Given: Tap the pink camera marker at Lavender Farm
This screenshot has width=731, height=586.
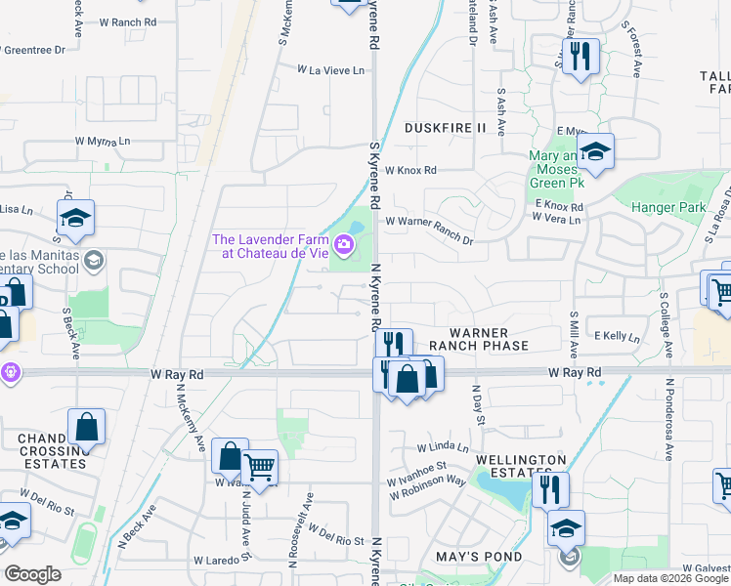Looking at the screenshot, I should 344,243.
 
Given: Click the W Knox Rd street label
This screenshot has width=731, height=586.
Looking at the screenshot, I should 410,170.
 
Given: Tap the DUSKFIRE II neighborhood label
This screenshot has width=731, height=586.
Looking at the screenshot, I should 445,128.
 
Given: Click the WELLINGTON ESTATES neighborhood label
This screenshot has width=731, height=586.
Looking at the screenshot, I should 521,466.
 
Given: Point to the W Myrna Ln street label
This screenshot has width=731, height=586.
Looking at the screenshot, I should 103,141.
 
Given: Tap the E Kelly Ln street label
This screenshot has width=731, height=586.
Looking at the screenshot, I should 616,336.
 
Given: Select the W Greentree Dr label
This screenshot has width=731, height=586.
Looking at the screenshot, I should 34,49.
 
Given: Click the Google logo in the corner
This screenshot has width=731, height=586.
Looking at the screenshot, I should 32,574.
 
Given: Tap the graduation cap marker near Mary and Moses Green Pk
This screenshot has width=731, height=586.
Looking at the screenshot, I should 594,152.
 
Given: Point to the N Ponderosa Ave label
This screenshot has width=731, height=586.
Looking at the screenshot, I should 669,420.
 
